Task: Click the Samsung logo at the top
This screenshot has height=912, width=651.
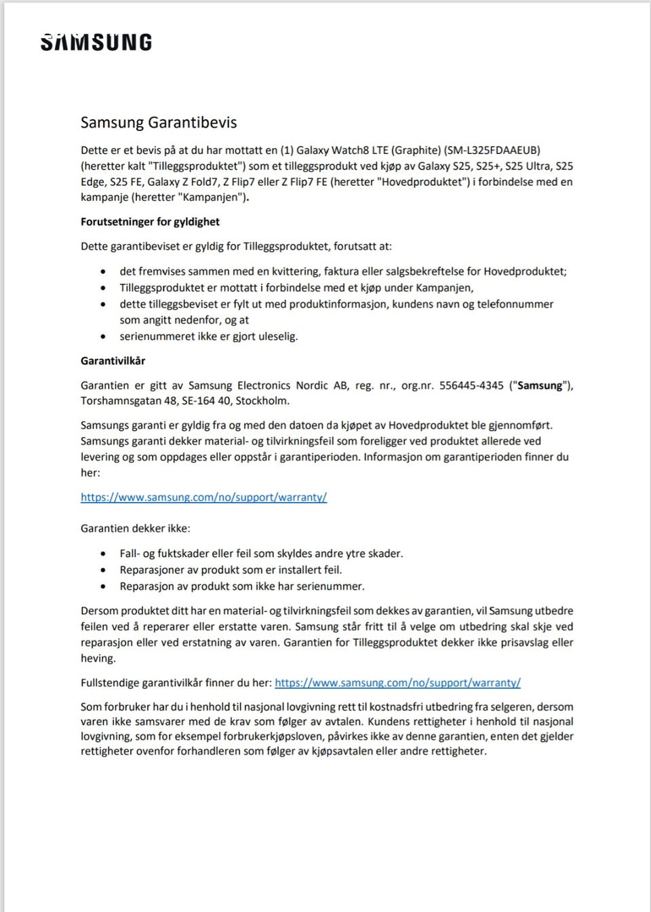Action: (x=96, y=42)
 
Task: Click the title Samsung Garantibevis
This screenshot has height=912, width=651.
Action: (x=159, y=122)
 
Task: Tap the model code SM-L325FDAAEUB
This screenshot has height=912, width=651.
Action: (x=492, y=150)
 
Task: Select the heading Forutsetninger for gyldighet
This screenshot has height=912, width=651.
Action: (x=150, y=222)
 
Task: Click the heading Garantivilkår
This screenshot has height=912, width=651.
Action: (x=113, y=361)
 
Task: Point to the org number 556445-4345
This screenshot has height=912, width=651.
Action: (x=471, y=385)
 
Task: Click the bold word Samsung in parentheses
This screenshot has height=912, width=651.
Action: (x=540, y=385)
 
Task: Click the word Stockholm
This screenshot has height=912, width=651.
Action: (x=262, y=401)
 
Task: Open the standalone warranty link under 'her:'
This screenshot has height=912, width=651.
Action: (x=203, y=497)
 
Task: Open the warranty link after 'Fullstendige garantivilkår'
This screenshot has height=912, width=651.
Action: (x=397, y=683)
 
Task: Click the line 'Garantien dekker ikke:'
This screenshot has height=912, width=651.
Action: (x=135, y=528)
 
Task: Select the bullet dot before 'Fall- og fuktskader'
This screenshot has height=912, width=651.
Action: (x=103, y=554)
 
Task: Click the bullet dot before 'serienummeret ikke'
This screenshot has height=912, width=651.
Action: (x=103, y=337)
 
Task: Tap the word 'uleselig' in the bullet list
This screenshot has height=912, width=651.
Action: (x=275, y=337)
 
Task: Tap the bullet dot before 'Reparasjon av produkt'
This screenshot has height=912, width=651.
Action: (x=103, y=587)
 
